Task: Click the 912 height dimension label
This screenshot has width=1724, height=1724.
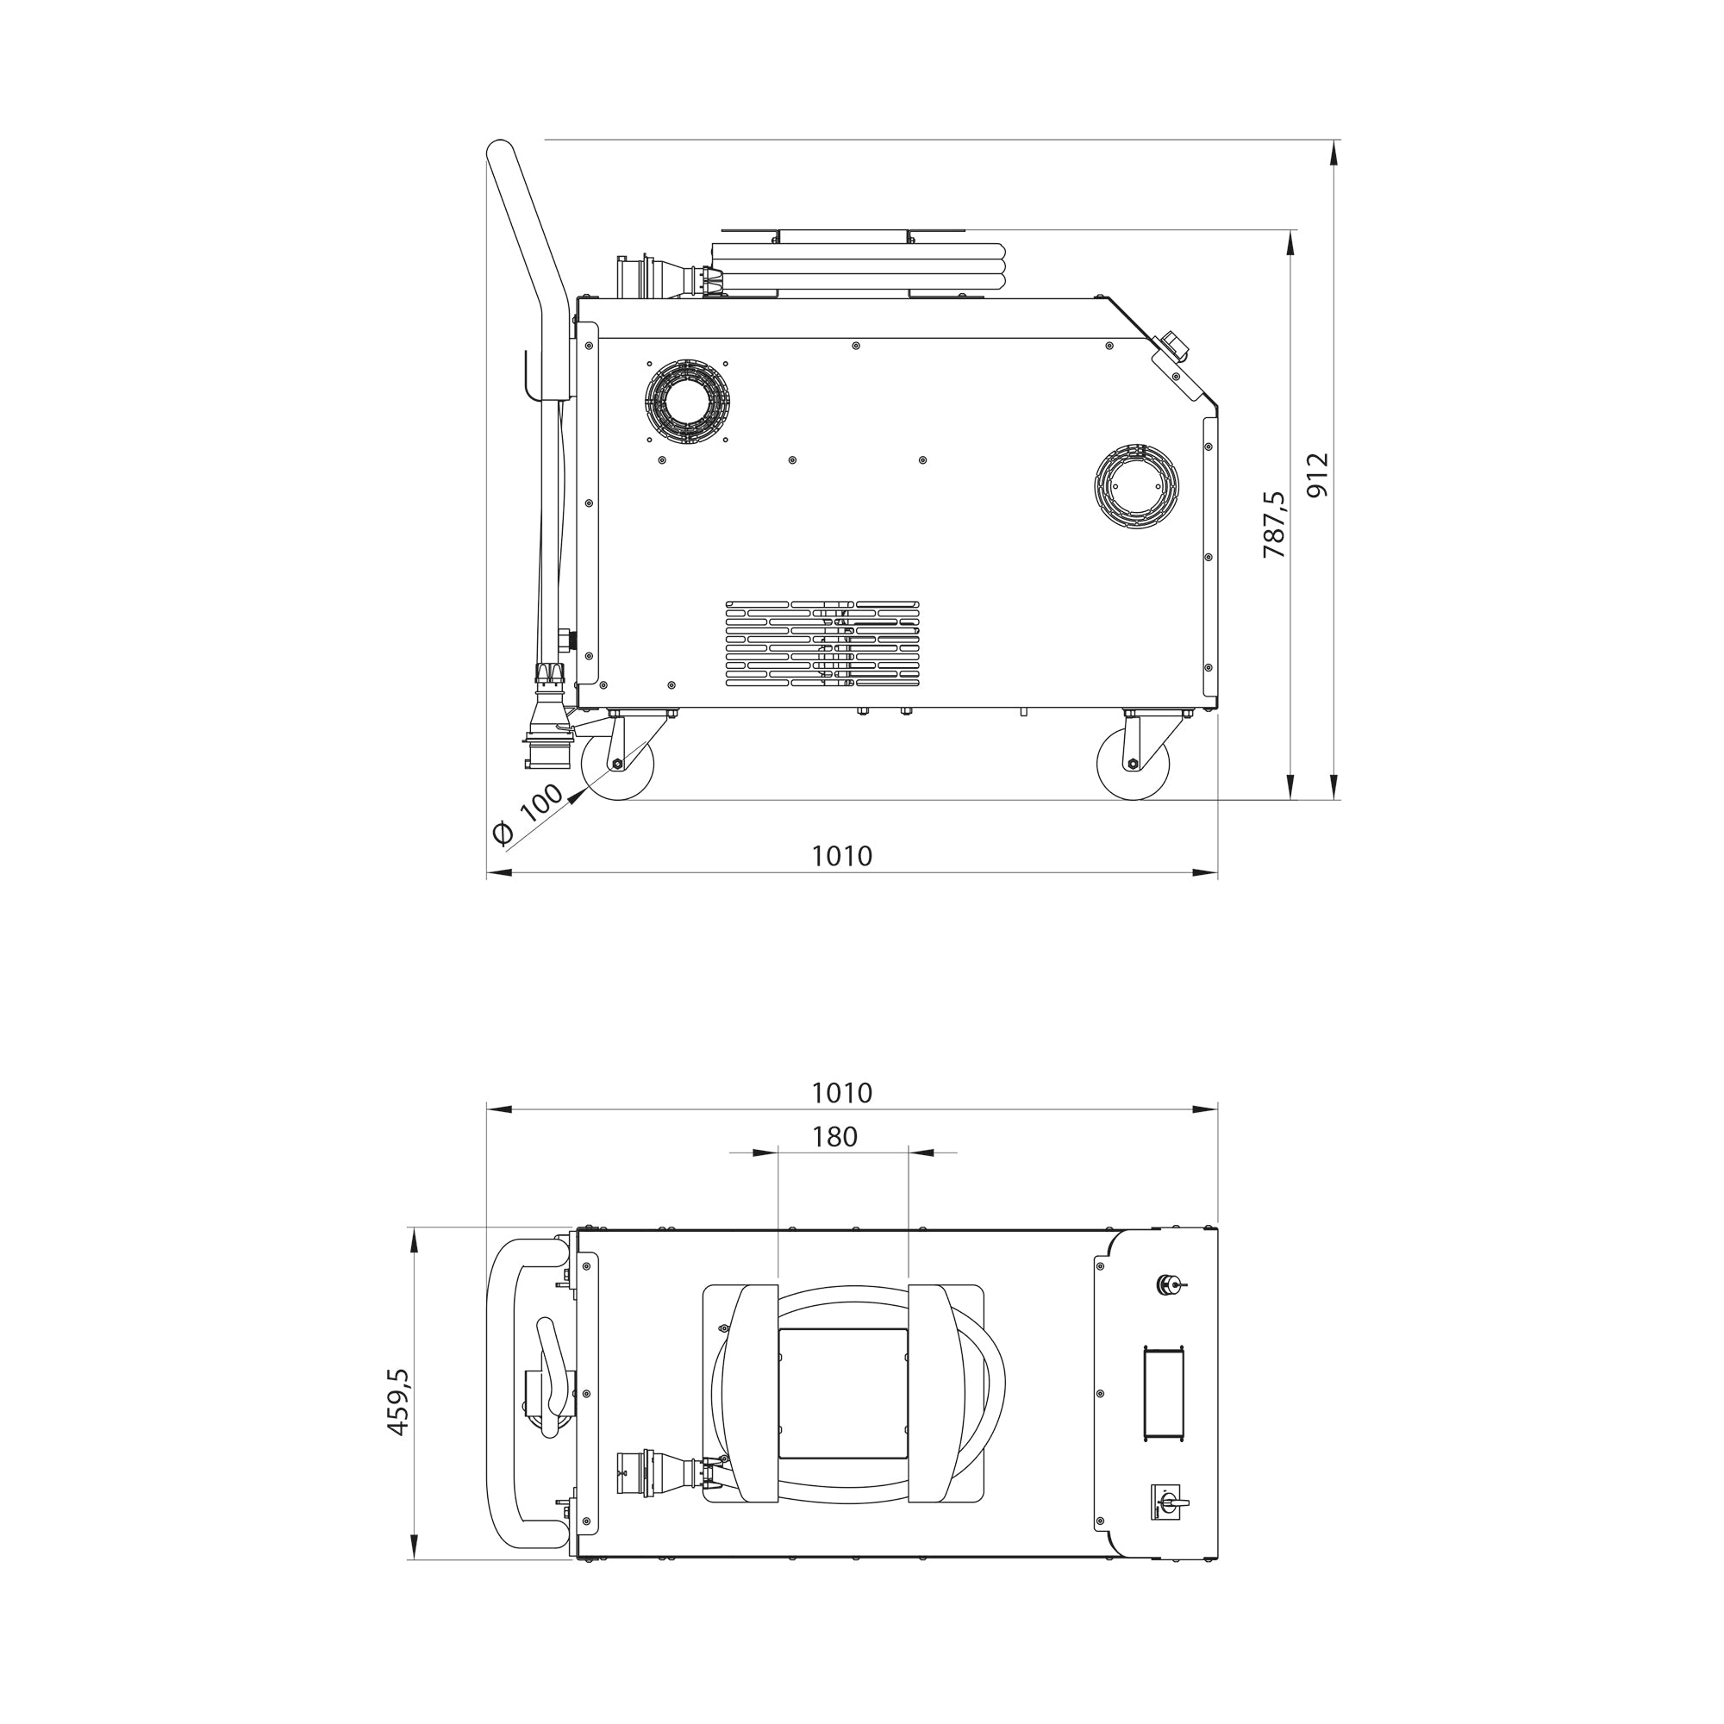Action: [x=1317, y=475]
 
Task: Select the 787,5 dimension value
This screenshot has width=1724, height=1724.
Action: [x=1274, y=525]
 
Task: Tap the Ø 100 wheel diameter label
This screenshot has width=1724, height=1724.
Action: [x=528, y=814]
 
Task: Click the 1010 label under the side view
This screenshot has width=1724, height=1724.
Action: [x=841, y=856]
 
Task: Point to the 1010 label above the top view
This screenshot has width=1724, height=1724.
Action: [x=841, y=1092]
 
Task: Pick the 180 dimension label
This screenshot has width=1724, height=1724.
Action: [x=834, y=1136]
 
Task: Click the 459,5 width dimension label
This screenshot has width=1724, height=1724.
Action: [x=397, y=1401]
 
